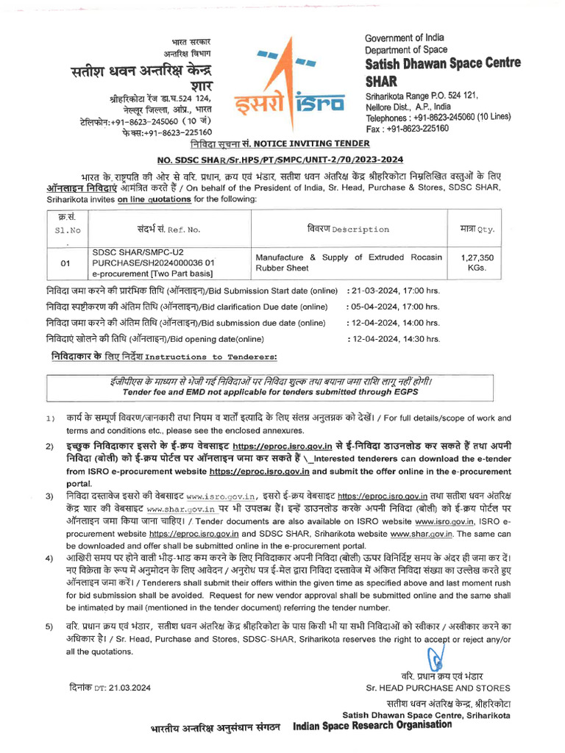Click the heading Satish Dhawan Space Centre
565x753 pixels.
pyautogui.click(x=442, y=63)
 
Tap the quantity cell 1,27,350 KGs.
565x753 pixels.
pyautogui.click(x=477, y=262)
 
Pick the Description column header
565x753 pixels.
pyautogui.click(x=348, y=229)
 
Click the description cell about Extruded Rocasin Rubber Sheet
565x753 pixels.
pyautogui.click(x=348, y=262)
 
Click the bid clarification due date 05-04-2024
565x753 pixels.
pyautogui.click(x=393, y=307)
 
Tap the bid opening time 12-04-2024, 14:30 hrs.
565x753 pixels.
pyautogui.click(x=393, y=339)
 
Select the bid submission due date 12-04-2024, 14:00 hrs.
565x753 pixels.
pyautogui.click(x=393, y=323)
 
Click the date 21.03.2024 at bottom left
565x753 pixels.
pyautogui.click(x=110, y=688)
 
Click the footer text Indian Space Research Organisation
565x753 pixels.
pyautogui.click(x=372, y=725)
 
